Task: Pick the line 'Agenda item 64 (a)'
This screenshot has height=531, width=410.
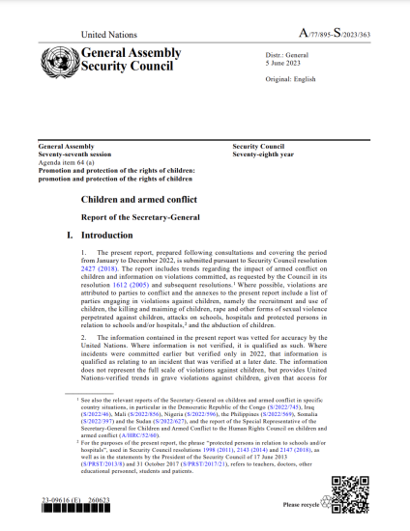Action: point(68,162)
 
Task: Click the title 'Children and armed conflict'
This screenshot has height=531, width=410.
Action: point(138,197)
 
